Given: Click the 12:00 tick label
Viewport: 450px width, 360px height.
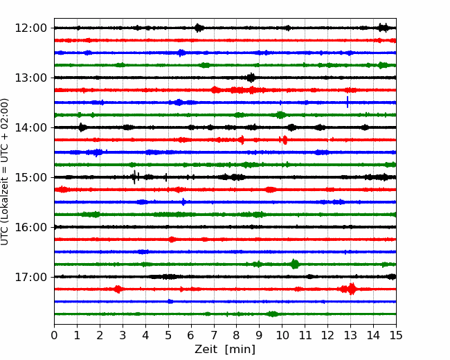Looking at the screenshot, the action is pyautogui.click(x=30, y=28).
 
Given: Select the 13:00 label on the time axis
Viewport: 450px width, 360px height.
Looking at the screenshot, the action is pyautogui.click(x=30, y=78).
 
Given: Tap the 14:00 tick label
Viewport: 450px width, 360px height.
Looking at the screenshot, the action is pyautogui.click(x=30, y=127).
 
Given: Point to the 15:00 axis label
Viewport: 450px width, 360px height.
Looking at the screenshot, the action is pyautogui.click(x=30, y=177).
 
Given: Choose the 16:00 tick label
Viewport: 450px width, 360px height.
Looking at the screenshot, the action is pyautogui.click(x=30, y=227).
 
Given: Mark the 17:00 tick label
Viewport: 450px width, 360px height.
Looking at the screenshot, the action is pyautogui.click(x=30, y=277).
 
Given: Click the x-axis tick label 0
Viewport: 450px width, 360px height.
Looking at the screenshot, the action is pyautogui.click(x=54, y=335).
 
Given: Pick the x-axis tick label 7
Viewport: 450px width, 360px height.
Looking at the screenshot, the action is pyautogui.click(x=214, y=335).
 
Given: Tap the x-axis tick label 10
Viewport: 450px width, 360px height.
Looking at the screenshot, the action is pyautogui.click(x=282, y=335).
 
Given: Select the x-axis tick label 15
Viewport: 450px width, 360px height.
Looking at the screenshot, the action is pyautogui.click(x=396, y=335).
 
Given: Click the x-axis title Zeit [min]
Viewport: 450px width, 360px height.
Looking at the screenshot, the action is pyautogui.click(x=225, y=350).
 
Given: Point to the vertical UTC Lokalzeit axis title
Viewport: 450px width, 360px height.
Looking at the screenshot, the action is pyautogui.click(x=4, y=172).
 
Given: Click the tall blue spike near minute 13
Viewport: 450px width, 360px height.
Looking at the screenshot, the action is pyautogui.click(x=348, y=102).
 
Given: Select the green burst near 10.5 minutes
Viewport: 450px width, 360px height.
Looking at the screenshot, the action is pyautogui.click(x=295, y=264).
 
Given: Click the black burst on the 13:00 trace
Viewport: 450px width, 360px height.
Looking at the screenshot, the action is pyautogui.click(x=251, y=78).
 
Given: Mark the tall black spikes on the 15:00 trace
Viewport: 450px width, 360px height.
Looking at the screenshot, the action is pyautogui.click(x=135, y=177).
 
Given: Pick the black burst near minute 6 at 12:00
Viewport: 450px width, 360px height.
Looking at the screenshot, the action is pyautogui.click(x=199, y=28).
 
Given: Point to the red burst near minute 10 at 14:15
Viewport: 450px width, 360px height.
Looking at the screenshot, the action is pyautogui.click(x=284, y=140).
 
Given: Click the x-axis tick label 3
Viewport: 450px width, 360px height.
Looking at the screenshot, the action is pyautogui.click(x=123, y=335).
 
